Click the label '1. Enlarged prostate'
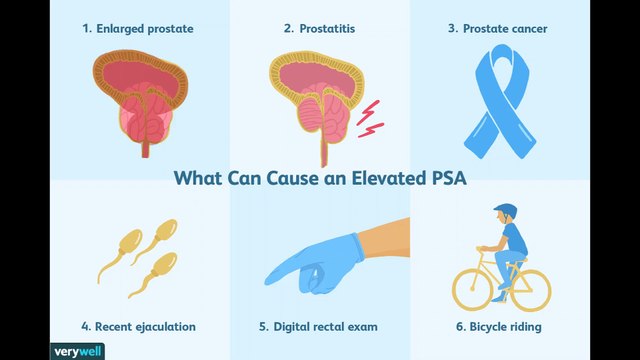pyautogui.click(x=138, y=28)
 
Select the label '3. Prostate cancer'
pyautogui.click(x=497, y=28)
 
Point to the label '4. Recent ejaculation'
pyautogui.click(x=138, y=326)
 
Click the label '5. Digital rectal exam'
pyautogui.click(x=320, y=326)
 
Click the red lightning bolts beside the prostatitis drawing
pyautogui.click(x=370, y=117)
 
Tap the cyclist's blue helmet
pyautogui.click(x=505, y=212)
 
